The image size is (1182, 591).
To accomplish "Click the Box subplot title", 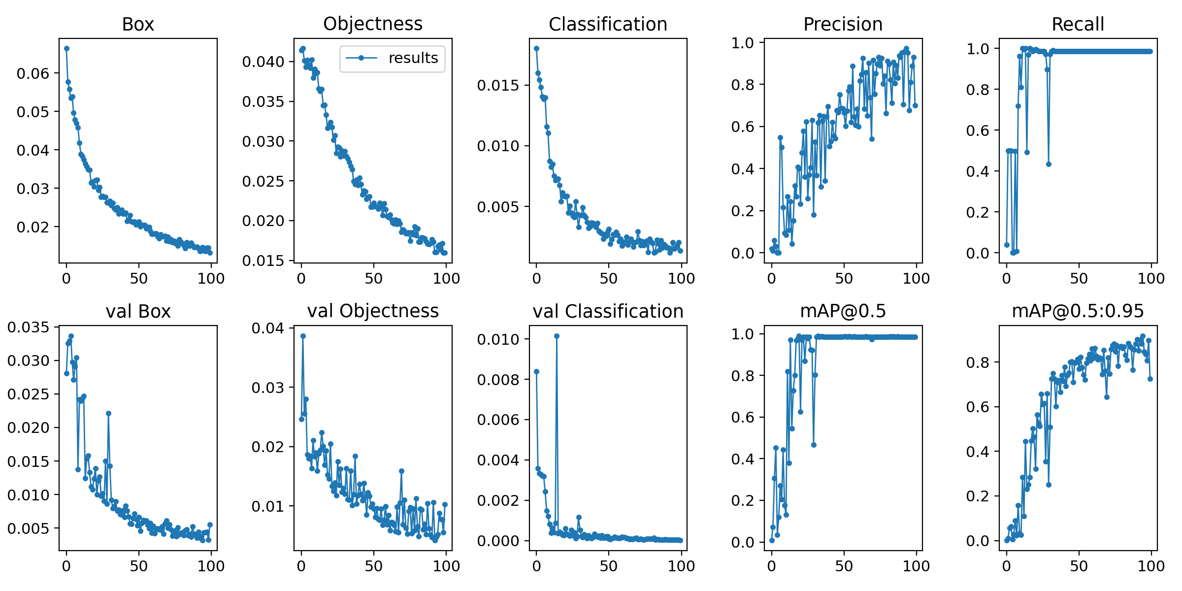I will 138,24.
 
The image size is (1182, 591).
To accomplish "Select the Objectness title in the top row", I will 373,24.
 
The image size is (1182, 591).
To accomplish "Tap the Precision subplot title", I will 843,24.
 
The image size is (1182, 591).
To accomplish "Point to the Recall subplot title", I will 1078,24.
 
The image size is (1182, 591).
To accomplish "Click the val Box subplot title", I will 138,311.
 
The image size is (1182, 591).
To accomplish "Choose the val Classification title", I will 608,311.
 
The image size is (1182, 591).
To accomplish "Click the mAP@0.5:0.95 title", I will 1078,311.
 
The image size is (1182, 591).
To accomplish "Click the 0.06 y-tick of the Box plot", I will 33,73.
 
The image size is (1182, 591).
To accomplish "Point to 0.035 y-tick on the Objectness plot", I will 263,101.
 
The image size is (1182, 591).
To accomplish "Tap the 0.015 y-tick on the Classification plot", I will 498,85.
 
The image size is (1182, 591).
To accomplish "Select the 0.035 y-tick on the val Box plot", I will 28,327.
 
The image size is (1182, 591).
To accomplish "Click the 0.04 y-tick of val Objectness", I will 268,328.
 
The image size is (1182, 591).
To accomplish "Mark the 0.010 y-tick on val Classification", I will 498,339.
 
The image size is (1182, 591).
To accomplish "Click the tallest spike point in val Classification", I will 557,336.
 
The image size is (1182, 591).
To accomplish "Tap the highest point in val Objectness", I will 303,336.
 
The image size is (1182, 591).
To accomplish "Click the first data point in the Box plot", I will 66,48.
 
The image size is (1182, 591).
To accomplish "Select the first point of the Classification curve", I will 536,48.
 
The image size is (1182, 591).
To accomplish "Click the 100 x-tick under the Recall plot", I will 1151,278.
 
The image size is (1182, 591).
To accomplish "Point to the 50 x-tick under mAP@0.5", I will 844,566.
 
